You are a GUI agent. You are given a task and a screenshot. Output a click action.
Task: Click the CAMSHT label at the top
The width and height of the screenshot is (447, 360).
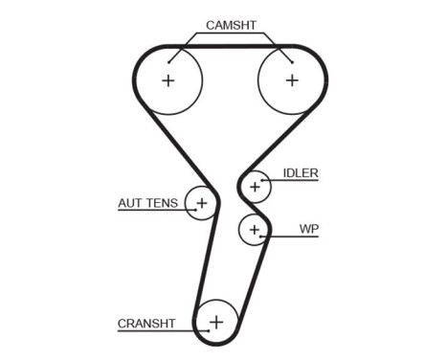pyautogui.click(x=231, y=26)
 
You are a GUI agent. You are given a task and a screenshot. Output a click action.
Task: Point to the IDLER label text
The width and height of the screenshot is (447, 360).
pyautogui.click(x=301, y=173)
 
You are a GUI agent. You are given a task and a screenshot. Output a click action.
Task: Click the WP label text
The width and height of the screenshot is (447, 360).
pyautogui.click(x=308, y=229)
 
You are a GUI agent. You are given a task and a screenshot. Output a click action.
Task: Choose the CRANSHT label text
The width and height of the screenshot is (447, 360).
pyautogui.click(x=146, y=324)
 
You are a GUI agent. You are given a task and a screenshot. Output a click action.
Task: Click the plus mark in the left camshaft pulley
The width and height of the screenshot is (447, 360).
pyautogui.click(x=169, y=80)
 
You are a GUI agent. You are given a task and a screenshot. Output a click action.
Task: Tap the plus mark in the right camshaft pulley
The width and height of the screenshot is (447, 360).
pyautogui.click(x=292, y=80)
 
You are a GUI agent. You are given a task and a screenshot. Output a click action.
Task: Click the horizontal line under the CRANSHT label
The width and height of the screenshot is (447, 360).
pyautogui.click(x=153, y=331)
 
